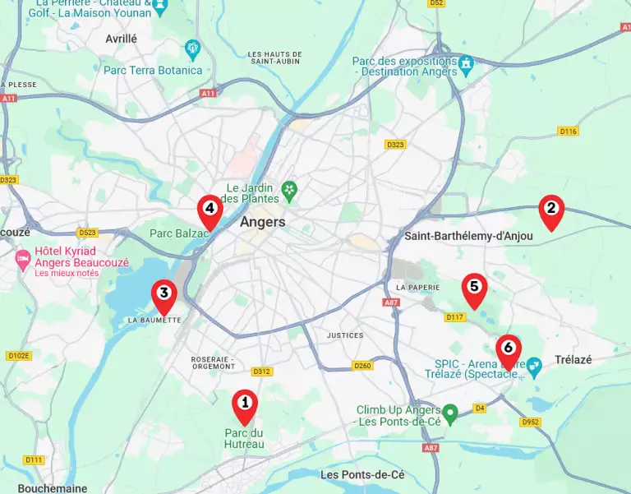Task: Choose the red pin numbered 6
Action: coord(508,349)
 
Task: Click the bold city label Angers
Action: coord(263,222)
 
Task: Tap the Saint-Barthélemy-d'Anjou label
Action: coord(468,236)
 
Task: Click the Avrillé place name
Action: coord(122,39)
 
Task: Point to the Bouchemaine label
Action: coord(53,487)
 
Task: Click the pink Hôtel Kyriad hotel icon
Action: coord(23,261)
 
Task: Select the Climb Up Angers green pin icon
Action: coord(449,411)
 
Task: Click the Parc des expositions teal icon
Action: coord(467,63)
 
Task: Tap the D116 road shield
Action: coord(568,132)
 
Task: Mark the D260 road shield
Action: coord(362,365)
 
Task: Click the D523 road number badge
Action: coord(87,233)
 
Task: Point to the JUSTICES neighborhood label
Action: coord(344,335)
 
